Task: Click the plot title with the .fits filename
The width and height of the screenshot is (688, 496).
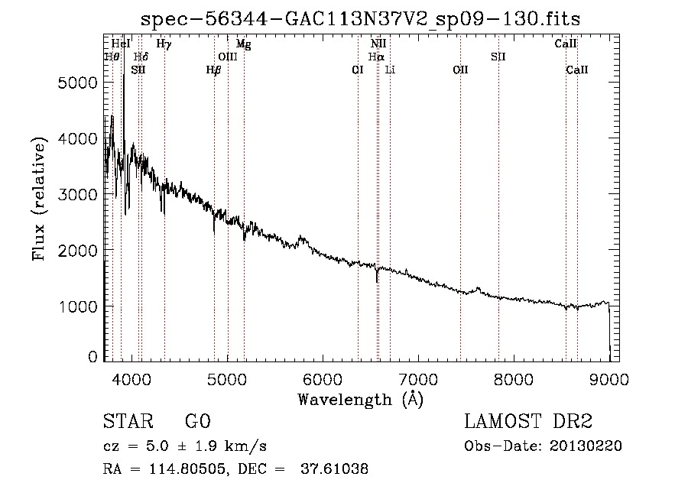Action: tap(360, 19)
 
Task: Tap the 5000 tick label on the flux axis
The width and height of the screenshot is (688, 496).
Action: tap(77, 83)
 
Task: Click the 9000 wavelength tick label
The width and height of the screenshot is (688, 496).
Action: tap(609, 379)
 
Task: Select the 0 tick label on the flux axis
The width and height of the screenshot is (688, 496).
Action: tap(92, 357)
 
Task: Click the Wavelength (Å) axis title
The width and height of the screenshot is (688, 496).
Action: tap(361, 400)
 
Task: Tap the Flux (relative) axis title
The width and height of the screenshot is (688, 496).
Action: tap(39, 199)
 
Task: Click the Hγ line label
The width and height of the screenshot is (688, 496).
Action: tap(164, 44)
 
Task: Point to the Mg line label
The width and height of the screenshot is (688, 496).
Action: tap(244, 44)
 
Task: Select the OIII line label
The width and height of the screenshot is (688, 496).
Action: tap(228, 57)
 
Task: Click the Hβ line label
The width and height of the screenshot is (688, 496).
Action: tap(214, 70)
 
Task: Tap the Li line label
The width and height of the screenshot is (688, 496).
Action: tap(390, 70)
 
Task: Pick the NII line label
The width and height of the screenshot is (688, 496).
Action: tap(378, 44)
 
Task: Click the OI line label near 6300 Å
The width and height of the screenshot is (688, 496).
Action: tap(358, 70)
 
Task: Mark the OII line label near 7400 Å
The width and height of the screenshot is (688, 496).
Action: tap(461, 70)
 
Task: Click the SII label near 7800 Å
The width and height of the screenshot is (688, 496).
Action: tap(498, 57)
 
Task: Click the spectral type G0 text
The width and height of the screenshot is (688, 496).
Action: tap(198, 421)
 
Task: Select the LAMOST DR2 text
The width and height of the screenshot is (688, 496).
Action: tap(528, 421)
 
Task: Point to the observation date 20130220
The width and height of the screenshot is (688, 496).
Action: tap(586, 446)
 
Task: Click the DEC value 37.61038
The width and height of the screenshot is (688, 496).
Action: tap(334, 468)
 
